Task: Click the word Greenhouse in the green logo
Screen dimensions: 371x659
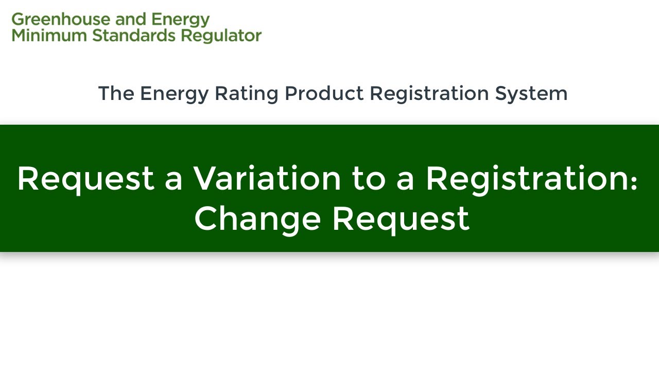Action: (61, 20)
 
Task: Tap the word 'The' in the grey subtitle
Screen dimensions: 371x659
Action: (116, 93)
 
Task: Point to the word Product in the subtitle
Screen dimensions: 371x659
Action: (324, 93)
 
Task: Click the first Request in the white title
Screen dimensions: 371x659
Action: (86, 179)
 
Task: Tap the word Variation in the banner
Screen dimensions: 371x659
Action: (267, 178)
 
